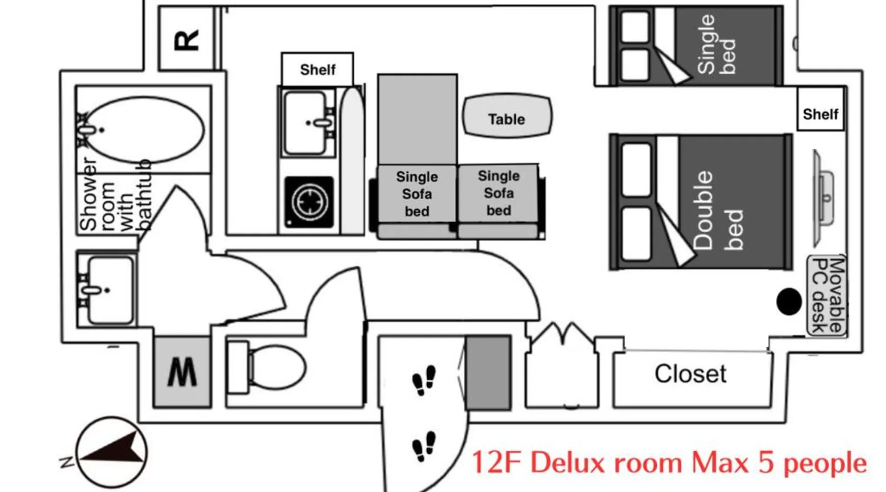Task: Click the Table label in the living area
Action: click(506, 119)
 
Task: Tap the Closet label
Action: click(690, 374)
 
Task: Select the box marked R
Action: click(187, 39)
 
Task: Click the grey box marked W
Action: click(182, 372)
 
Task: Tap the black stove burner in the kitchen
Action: click(309, 202)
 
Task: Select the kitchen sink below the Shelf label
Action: click(308, 123)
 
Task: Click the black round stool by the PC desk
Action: click(789, 302)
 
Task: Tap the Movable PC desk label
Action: click(827, 295)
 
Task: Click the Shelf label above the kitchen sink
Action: click(318, 70)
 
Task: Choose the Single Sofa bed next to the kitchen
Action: click(417, 194)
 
